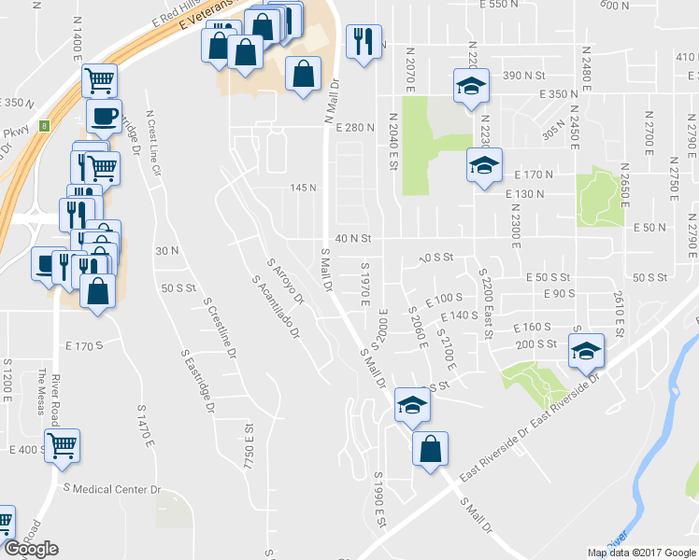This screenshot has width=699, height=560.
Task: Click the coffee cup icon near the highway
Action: click(104, 116)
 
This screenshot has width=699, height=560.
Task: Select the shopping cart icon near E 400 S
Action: click(62, 446)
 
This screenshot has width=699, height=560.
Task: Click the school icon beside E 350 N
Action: click(471, 86)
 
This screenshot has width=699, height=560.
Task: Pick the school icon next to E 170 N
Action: click(483, 165)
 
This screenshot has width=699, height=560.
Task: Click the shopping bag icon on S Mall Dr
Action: click(430, 448)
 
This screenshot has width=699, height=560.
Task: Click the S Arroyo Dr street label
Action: click(286, 283)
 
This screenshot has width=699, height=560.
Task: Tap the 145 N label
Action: click(303, 188)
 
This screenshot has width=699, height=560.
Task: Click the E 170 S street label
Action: click(84, 345)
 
